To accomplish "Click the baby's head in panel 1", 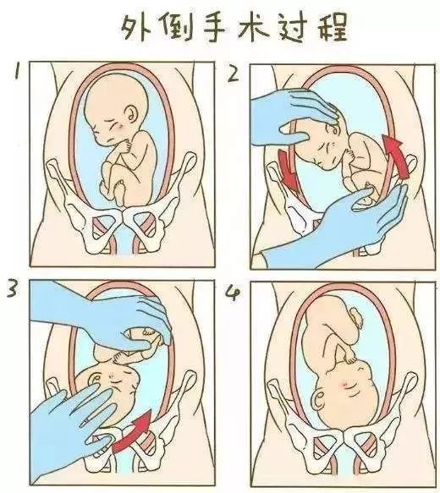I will click(x=113, y=114).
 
